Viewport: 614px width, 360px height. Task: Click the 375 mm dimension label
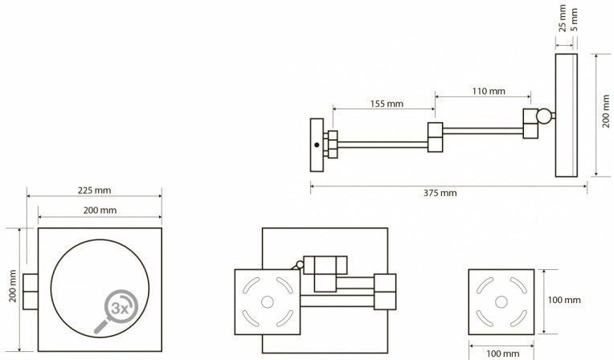point(440,193)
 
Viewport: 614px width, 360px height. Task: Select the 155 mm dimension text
point(387,104)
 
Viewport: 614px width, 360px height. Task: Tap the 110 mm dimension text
point(489,92)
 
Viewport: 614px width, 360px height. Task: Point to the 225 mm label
point(94,190)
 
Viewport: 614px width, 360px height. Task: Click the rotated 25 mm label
point(563,18)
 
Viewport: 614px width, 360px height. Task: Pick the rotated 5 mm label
point(574,20)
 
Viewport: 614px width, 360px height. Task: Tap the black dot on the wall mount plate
point(317,145)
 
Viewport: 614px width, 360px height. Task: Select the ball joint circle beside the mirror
point(543,116)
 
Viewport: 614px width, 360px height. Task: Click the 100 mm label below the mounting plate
point(503,354)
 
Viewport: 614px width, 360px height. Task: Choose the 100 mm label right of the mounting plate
point(564,300)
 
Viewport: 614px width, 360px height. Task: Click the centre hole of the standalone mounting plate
point(501,302)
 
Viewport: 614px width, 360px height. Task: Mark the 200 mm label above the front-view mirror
point(100,211)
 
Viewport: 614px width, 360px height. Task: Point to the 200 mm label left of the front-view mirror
point(13,286)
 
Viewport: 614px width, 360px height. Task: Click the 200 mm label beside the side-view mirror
point(606,111)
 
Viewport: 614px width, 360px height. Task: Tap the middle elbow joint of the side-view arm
point(435,137)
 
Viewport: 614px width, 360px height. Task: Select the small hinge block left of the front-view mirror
point(31,292)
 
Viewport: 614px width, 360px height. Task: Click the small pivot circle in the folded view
point(300,264)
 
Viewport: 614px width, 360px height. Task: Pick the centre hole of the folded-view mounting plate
point(268,302)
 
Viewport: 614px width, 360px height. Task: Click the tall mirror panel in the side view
point(567,115)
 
